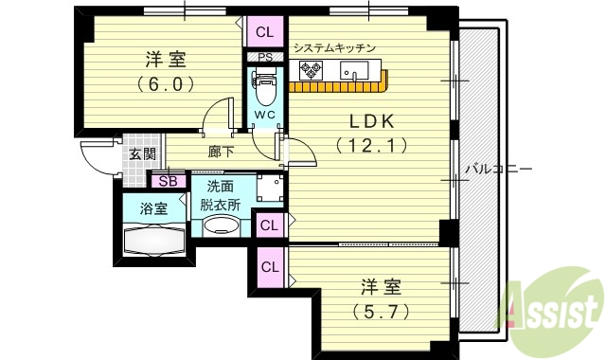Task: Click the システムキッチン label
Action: tap(334, 47)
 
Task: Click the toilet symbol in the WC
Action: tap(264, 91)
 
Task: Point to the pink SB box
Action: tap(168, 181)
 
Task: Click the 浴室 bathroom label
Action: tap(154, 208)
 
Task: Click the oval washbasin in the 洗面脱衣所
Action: tap(223, 226)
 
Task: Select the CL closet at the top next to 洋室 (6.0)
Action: tap(264, 32)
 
